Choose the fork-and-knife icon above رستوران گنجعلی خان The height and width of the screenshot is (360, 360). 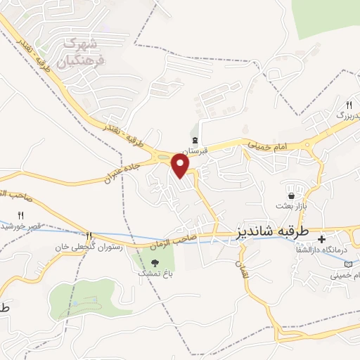pyautogui.click(x=89, y=236)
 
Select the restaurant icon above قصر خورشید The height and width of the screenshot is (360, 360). pyautogui.click(x=20, y=214)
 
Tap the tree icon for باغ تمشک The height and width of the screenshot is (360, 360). pyautogui.click(x=146, y=262)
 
